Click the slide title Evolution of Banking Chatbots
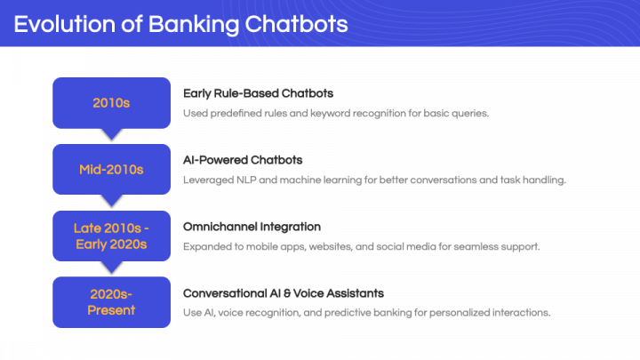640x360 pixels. (x=180, y=24)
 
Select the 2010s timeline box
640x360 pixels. (x=111, y=103)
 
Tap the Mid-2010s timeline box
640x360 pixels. (x=111, y=170)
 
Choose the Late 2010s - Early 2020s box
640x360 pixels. (x=111, y=236)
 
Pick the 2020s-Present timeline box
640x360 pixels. (x=111, y=302)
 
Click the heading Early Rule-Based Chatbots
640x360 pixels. (x=258, y=94)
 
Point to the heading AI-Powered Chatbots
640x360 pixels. (x=243, y=160)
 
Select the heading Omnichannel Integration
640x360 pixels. (x=252, y=227)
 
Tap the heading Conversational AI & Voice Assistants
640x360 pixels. (x=284, y=293)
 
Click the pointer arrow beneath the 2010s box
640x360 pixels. (x=111, y=134)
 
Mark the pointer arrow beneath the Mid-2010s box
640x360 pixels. (x=111, y=200)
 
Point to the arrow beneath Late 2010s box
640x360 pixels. (x=111, y=267)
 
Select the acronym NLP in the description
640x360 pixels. (x=246, y=180)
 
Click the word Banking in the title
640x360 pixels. (x=194, y=25)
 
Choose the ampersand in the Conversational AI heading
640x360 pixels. (x=287, y=293)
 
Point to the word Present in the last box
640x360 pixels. (x=111, y=310)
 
